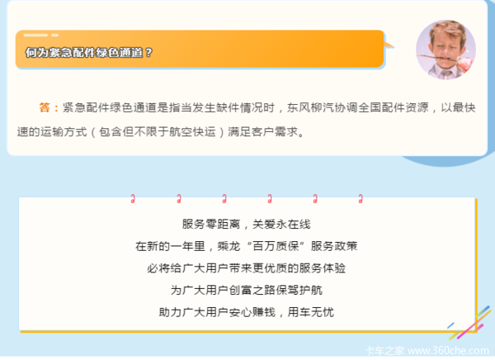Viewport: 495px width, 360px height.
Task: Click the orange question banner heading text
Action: pyautogui.click(x=89, y=53)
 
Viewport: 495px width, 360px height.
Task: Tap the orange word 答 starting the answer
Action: pyautogui.click(x=45, y=107)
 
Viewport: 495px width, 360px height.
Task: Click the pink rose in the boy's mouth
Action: pyautogui.click(x=464, y=64)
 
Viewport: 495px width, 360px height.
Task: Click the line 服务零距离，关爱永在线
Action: pyautogui.click(x=246, y=224)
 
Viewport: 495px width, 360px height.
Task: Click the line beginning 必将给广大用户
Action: pyautogui.click(x=246, y=268)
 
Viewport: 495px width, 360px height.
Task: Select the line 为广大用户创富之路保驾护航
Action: pyautogui.click(x=246, y=290)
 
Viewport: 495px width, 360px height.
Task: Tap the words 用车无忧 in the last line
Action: pyautogui.click(x=311, y=312)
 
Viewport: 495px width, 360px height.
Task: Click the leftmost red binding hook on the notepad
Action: pyautogui.click(x=133, y=199)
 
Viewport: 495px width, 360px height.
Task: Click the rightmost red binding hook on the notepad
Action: pyautogui.click(x=361, y=199)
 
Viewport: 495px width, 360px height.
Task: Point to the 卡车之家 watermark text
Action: pyautogui.click(x=384, y=351)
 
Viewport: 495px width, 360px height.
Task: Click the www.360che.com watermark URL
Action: pyautogui.click(x=448, y=351)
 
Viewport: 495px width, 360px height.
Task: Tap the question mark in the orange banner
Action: pyautogui.click(x=149, y=53)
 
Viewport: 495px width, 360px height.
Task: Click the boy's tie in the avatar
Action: pyautogui.click(x=446, y=74)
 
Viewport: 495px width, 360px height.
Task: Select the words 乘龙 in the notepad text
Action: pyautogui.click(x=229, y=246)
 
